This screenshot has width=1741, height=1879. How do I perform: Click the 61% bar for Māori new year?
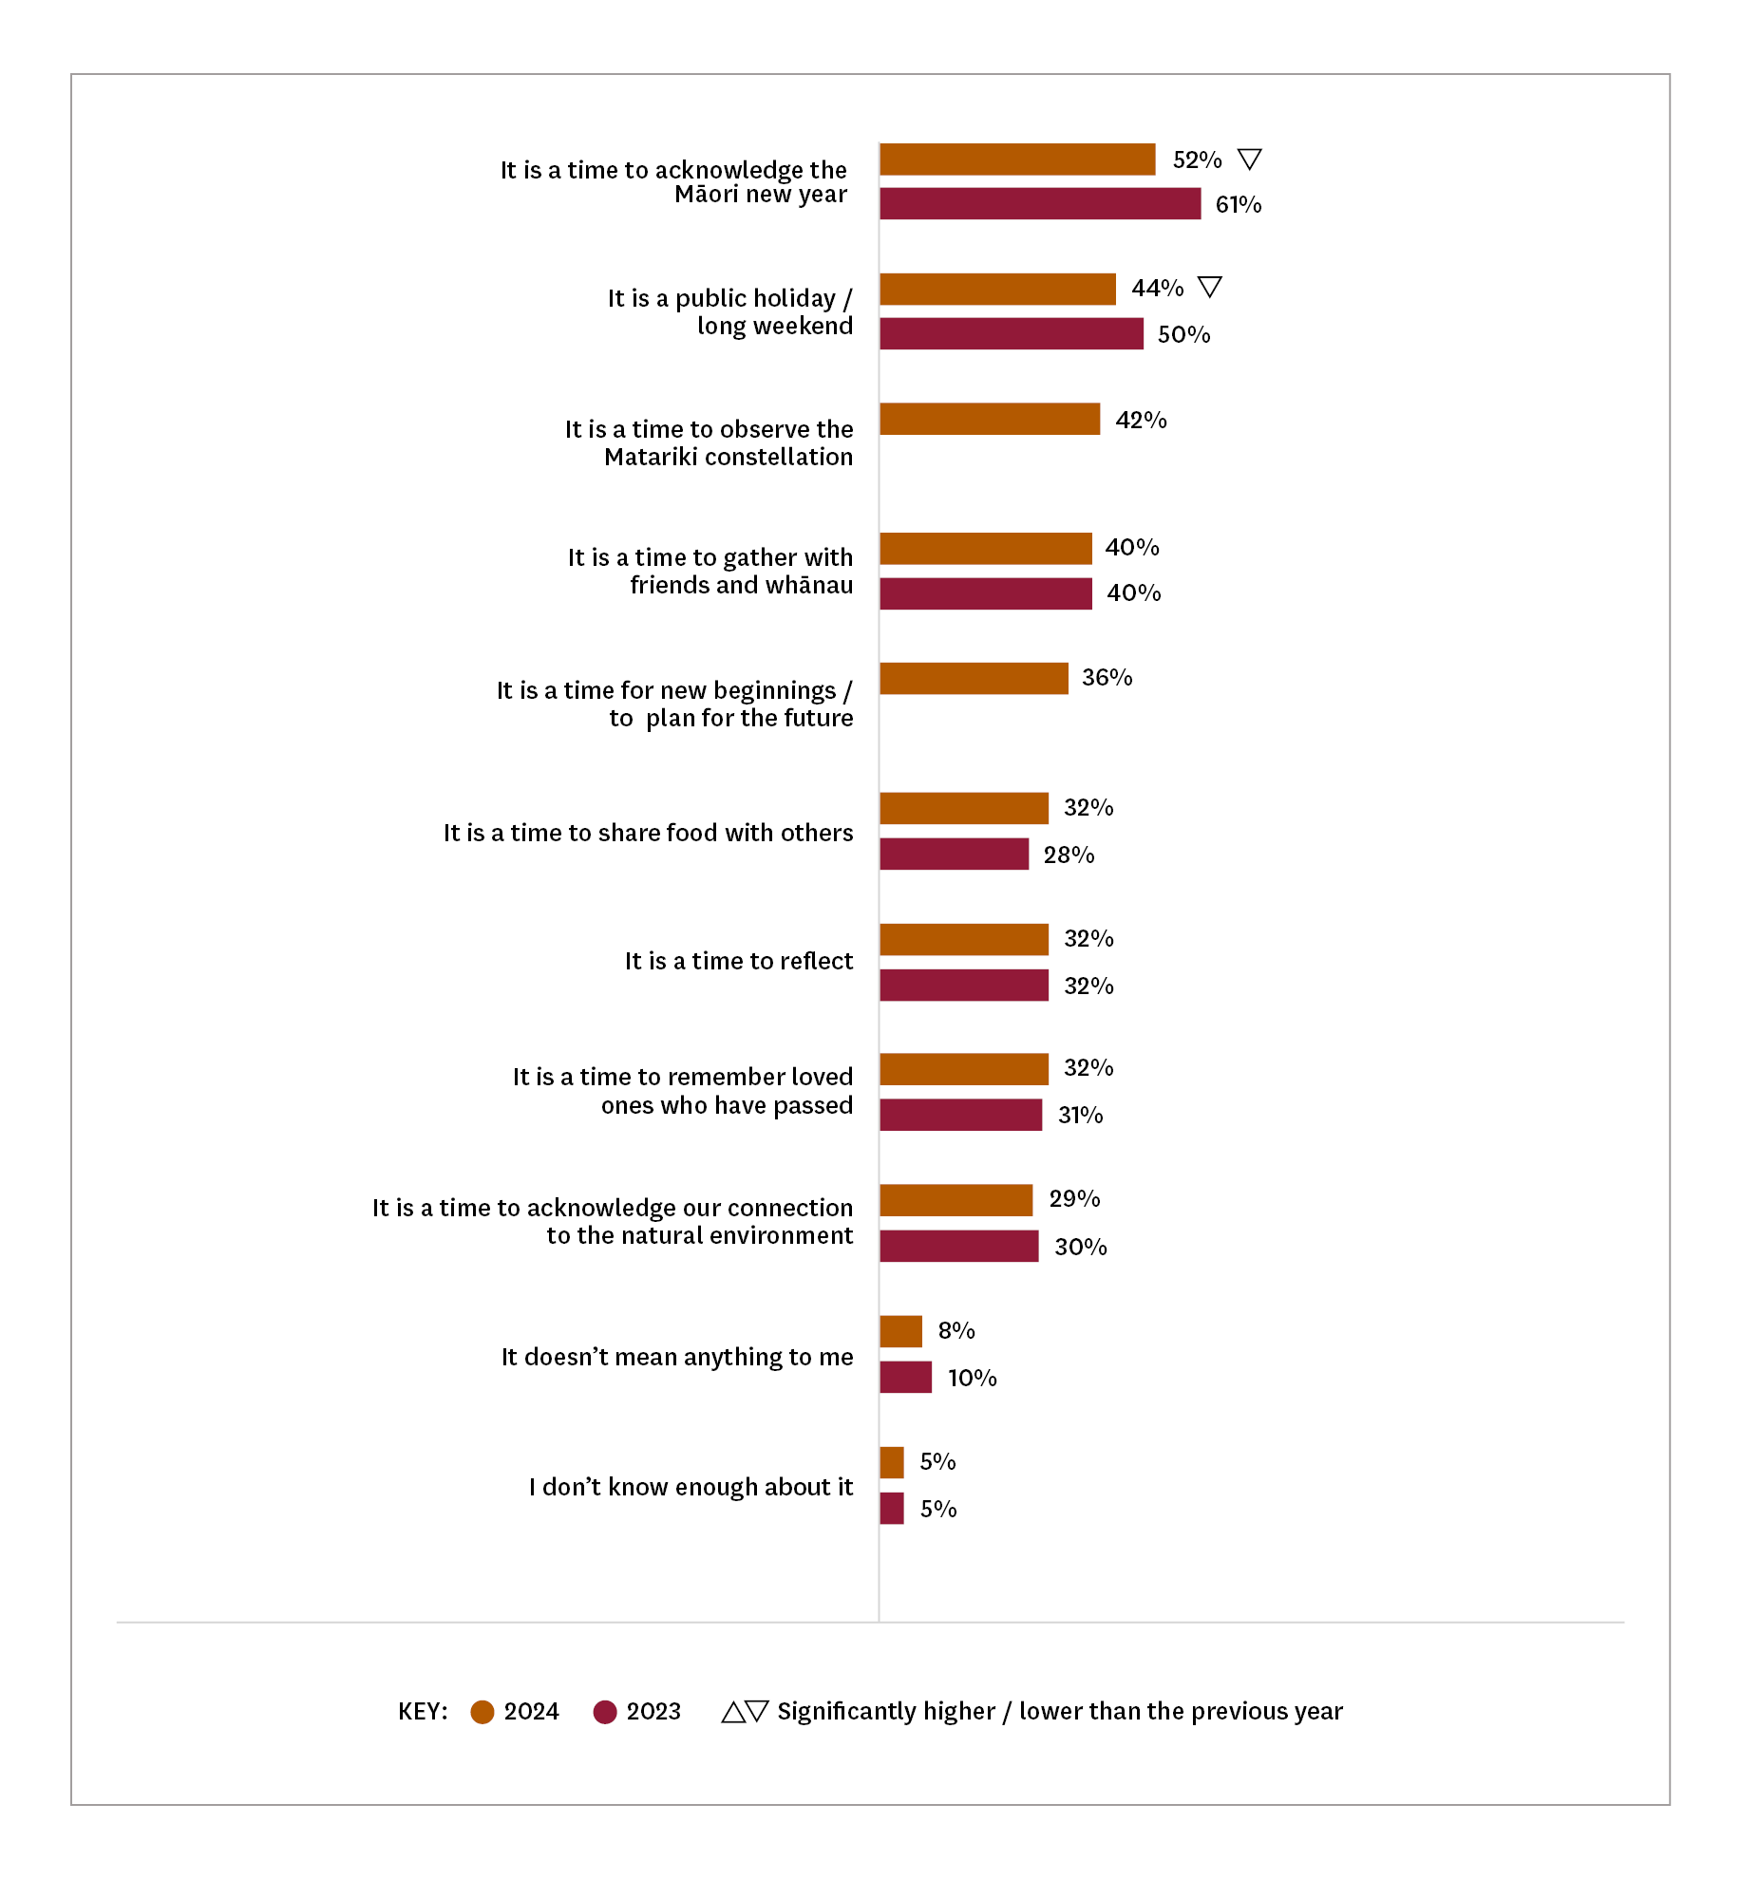point(1040,204)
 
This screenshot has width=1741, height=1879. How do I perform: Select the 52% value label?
point(1197,160)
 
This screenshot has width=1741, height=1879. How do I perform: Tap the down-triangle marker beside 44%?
point(1209,287)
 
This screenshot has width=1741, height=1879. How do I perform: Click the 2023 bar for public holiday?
point(1012,334)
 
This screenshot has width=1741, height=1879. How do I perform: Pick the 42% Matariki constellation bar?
point(990,419)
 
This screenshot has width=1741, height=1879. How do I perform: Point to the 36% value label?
point(1107,678)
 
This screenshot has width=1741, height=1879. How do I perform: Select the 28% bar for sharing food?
point(955,854)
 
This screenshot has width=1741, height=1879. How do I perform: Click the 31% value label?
point(1081,1116)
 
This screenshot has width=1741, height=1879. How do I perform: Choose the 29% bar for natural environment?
point(956,1200)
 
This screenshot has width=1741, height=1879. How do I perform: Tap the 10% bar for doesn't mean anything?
point(906,1377)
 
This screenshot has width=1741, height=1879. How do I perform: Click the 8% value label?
point(956,1331)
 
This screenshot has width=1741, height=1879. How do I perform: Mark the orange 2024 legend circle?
point(483,1712)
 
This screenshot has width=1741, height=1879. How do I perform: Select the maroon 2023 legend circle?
point(605,1712)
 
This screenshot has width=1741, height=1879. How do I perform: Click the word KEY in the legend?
point(423,1712)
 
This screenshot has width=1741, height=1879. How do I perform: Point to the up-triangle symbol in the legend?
point(733,1712)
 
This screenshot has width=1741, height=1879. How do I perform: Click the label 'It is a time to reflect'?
point(739,961)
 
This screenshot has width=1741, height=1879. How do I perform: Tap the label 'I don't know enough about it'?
point(691,1487)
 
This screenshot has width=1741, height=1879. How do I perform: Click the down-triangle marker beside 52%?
point(1250,159)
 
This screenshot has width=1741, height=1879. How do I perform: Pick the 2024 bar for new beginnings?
point(974,678)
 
